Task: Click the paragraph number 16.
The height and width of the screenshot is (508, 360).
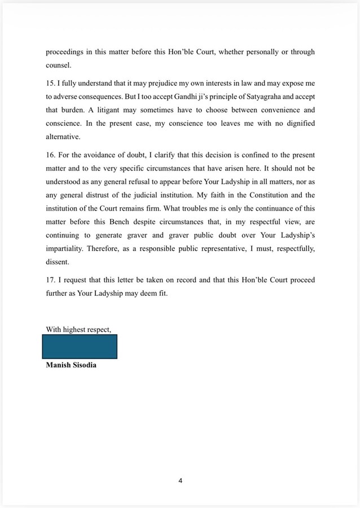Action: pos(50,154)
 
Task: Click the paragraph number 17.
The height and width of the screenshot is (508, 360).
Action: pos(50,280)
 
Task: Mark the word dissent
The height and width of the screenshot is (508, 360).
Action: pos(57,262)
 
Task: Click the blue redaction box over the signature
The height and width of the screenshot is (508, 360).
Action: pos(80,347)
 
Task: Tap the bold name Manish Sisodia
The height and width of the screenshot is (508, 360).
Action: pos(71,365)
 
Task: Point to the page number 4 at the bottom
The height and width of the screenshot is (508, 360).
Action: pos(181,481)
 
